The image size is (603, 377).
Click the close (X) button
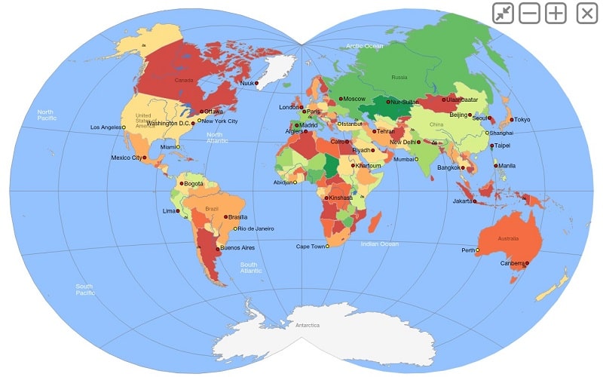587,13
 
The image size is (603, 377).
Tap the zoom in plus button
556,13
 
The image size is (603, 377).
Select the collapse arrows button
503,13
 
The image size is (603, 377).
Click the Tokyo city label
522,119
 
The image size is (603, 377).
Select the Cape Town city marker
327,246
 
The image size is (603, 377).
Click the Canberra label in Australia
512,263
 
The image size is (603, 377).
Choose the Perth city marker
478,250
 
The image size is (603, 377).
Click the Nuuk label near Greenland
246,83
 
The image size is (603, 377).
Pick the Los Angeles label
106,127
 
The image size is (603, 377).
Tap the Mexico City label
127,158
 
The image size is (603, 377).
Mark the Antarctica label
308,325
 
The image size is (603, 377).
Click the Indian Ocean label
379,244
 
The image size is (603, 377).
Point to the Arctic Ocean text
365,47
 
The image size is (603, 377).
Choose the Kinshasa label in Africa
341,198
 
